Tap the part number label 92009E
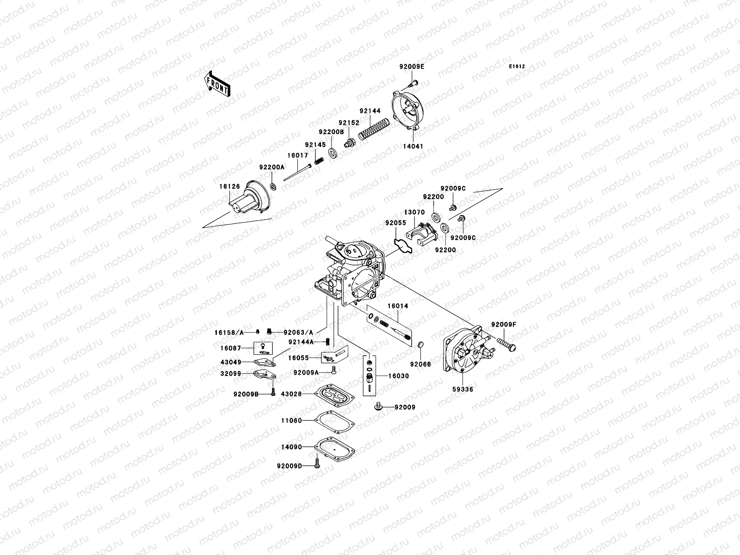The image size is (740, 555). [412, 67]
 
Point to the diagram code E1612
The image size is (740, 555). [517, 67]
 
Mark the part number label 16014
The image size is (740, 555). [398, 306]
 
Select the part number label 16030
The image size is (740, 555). [398, 376]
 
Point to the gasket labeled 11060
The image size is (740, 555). [334, 421]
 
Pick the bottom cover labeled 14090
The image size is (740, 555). [334, 447]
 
